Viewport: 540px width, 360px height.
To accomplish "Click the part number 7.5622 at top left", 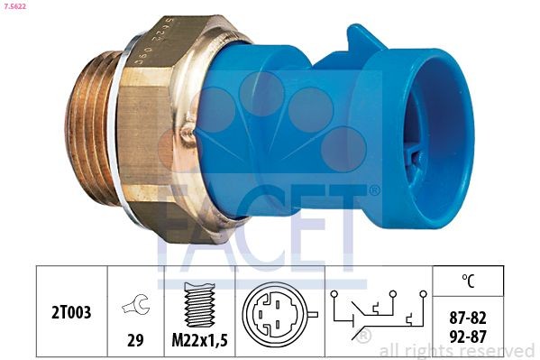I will [x=18, y=7].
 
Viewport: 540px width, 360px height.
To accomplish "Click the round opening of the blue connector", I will [x=433, y=144].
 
